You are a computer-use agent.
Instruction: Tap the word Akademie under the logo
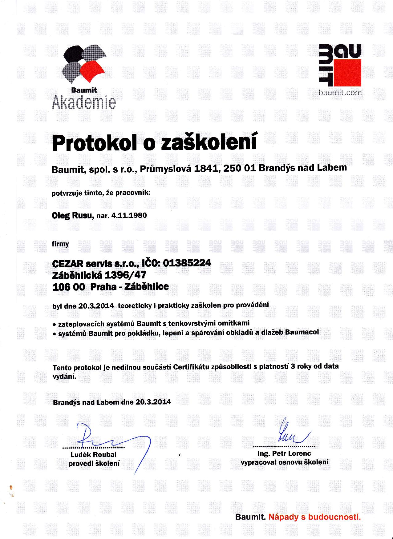click(x=84, y=102)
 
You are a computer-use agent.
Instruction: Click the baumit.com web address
click(x=340, y=93)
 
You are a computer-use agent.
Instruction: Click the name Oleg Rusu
click(x=73, y=215)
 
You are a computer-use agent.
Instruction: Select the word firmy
click(x=61, y=244)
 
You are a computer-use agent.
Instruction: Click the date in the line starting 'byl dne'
click(x=96, y=306)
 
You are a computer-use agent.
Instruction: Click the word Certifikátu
click(x=191, y=367)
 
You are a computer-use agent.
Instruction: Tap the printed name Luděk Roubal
click(x=94, y=455)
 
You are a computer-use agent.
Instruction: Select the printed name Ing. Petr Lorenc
click(x=284, y=453)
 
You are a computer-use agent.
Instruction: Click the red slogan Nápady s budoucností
click(x=314, y=517)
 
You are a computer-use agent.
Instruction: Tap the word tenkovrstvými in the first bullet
click(x=184, y=323)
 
